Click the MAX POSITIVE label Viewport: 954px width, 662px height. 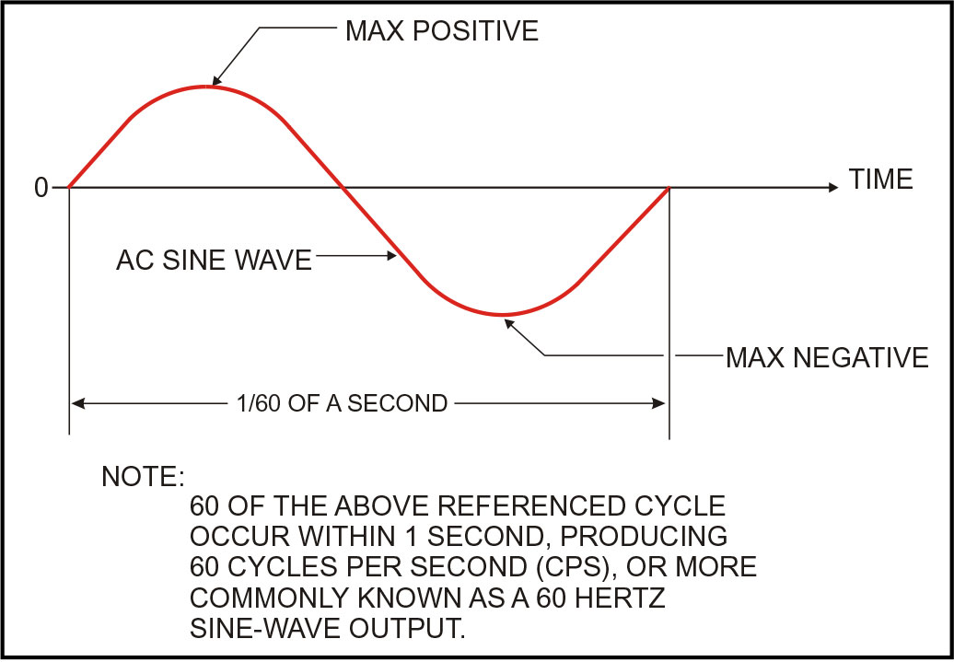click(x=442, y=31)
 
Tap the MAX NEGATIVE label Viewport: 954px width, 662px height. click(x=827, y=357)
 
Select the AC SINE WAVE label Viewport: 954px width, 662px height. click(x=214, y=261)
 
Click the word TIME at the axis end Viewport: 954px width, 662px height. click(x=881, y=179)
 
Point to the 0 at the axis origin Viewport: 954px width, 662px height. click(x=41, y=188)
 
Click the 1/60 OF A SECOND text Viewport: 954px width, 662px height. click(x=342, y=402)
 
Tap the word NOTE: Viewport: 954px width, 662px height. click(x=143, y=476)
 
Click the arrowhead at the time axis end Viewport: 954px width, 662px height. click(x=833, y=188)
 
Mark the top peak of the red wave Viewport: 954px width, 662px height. click(x=206, y=87)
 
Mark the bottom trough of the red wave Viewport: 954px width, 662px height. click(x=503, y=315)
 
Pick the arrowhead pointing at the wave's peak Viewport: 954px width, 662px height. click(x=216, y=80)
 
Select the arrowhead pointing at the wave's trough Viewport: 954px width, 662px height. click(x=509, y=324)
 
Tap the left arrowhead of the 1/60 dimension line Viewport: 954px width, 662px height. click(x=77, y=402)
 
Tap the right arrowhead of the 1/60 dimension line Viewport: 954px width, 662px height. click(x=658, y=402)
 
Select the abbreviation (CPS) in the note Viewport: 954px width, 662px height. click(x=576, y=567)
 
